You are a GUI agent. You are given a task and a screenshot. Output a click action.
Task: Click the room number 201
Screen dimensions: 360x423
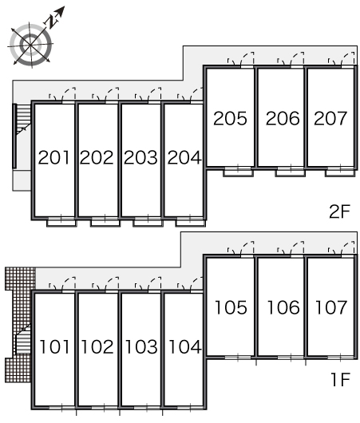[x=54, y=157]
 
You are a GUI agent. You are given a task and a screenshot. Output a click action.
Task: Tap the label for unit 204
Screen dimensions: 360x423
[x=184, y=157]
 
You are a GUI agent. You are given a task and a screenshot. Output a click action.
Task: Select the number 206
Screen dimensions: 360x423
[x=283, y=118]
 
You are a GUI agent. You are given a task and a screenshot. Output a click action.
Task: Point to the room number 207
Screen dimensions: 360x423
[x=330, y=118]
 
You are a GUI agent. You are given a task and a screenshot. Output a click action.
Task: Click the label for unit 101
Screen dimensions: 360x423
[x=54, y=346]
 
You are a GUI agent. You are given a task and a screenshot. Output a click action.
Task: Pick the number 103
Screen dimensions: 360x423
[x=141, y=346]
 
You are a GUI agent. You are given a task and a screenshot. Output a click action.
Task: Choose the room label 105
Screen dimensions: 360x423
[x=231, y=307]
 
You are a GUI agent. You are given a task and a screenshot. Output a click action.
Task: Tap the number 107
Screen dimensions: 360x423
[x=331, y=307]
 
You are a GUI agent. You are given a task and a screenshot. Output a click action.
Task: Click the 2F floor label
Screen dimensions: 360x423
[x=340, y=211]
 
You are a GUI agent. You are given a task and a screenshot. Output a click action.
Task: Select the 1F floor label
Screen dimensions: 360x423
[x=341, y=379]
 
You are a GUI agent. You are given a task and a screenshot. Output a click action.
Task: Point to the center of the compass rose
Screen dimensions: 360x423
[x=30, y=45]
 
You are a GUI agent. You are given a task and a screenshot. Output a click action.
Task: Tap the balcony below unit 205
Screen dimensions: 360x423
[x=238, y=172]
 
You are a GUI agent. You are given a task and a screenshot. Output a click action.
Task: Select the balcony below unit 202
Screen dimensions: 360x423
[x=105, y=222]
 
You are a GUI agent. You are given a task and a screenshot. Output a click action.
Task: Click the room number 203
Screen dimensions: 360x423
[x=140, y=157]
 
